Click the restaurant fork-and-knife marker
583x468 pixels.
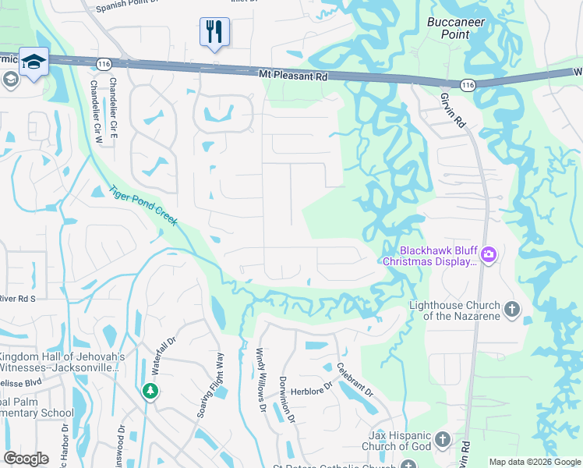214,32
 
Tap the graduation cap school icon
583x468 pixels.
34,62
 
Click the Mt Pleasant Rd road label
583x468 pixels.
292,76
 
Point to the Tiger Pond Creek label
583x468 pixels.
143,205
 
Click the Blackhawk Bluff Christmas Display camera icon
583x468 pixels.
489,254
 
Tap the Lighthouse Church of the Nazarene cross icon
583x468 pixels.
511,310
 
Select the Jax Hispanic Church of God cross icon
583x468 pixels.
443,440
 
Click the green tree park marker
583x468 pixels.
150,391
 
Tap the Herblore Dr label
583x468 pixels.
319,385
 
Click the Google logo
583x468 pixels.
26,459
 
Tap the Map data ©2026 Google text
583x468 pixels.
535,462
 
